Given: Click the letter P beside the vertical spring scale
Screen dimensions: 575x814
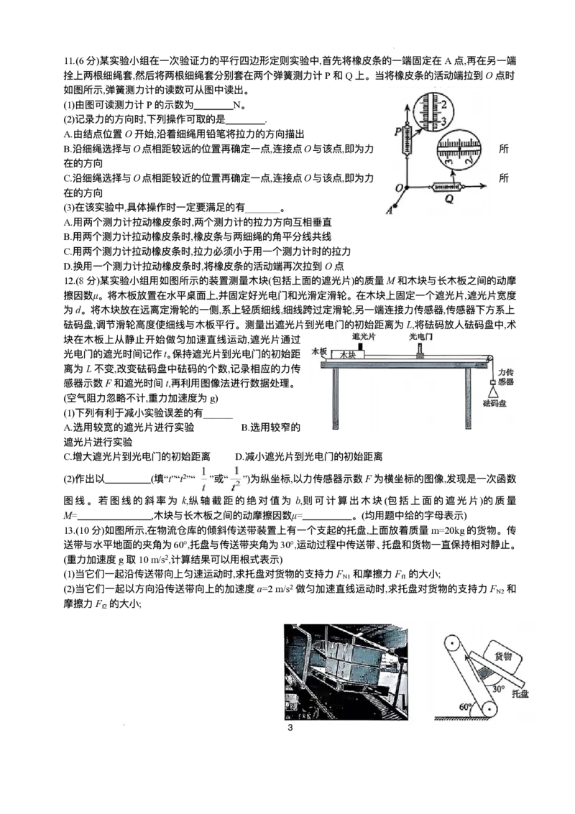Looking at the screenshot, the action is tap(398, 131).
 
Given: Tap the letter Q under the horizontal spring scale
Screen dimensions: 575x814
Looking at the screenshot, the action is tap(448, 198).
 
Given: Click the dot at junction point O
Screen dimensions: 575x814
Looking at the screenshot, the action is tap(408, 186).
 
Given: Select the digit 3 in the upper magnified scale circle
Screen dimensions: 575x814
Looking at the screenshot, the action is tap(443, 121).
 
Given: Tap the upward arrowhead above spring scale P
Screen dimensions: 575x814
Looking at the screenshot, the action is tap(408, 105).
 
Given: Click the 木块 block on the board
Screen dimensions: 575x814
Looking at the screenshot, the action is tap(347, 355).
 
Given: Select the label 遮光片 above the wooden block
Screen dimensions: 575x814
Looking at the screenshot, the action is tap(364, 336).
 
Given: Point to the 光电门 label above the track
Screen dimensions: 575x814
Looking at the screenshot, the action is tap(420, 336).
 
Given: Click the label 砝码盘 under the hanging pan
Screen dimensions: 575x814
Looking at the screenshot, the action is tap(494, 403).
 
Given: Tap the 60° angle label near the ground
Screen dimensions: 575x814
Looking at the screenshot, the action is tap(466, 706).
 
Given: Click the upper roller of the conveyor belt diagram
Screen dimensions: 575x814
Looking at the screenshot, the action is tap(451, 644).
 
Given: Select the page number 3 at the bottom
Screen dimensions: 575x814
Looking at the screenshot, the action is tap(290, 727).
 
